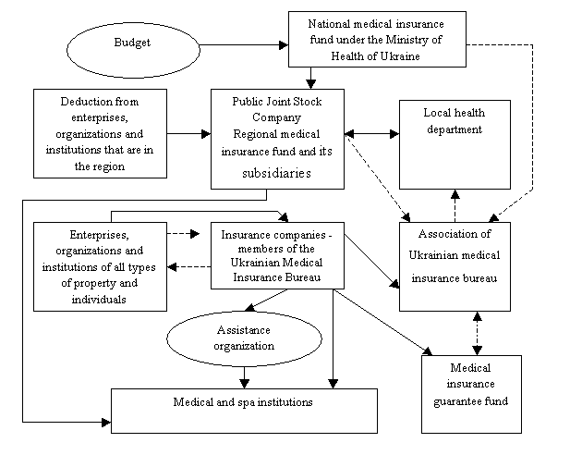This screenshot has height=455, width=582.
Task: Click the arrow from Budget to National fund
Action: coord(244,45)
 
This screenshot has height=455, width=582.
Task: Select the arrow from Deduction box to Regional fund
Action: coord(189,134)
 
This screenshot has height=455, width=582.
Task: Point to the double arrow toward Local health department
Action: coord(371,134)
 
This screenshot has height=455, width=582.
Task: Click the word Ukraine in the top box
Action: coord(401,56)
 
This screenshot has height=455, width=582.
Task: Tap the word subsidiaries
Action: coord(276,173)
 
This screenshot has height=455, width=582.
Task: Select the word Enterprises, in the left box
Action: coord(99,235)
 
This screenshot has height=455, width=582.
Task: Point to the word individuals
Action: coord(99,300)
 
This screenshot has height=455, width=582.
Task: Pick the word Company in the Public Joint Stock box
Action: coord(276,117)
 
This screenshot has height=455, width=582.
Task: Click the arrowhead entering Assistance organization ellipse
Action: coord(250,307)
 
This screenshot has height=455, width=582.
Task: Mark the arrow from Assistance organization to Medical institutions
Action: coord(244,377)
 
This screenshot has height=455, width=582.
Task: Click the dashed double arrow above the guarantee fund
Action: coord(478,333)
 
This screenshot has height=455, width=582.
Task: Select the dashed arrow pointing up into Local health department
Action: coord(455,206)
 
